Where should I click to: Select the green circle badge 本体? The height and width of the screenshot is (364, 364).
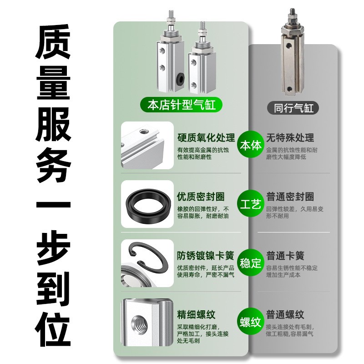click(x=250, y=146)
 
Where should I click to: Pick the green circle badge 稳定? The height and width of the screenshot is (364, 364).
click(x=250, y=263)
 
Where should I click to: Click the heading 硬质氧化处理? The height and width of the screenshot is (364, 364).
click(x=206, y=138)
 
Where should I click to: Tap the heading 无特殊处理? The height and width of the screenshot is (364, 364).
click(x=290, y=138)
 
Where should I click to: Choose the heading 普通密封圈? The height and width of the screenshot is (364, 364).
click(x=290, y=197)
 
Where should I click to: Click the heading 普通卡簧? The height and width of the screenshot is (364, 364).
click(x=285, y=256)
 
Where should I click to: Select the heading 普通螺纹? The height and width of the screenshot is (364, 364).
click(x=285, y=315)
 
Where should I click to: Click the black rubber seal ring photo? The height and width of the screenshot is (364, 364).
click(x=148, y=203)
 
